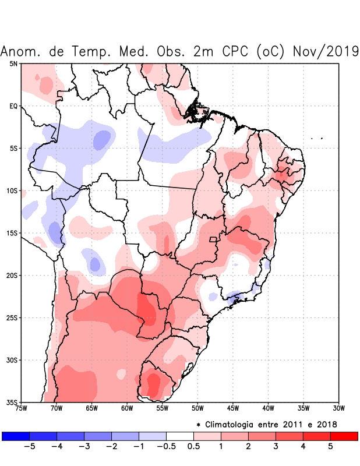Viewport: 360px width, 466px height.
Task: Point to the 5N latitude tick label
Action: [13, 63]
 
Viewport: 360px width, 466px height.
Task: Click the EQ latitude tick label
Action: [13, 106]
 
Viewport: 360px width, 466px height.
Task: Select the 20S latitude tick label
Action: [12, 275]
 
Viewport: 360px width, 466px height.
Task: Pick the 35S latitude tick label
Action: [12, 402]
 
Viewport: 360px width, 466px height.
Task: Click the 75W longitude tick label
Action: [22, 408]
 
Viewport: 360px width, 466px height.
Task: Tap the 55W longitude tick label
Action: [163, 408]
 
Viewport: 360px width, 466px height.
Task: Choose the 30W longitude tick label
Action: [339, 408]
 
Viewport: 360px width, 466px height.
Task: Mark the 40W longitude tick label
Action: [269, 408]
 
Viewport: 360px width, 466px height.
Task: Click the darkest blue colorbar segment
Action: [16, 436]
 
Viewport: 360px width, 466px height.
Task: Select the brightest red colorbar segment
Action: [344, 436]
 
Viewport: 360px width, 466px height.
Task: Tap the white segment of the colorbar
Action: [180, 436]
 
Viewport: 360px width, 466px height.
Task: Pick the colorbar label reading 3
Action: [276, 447]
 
